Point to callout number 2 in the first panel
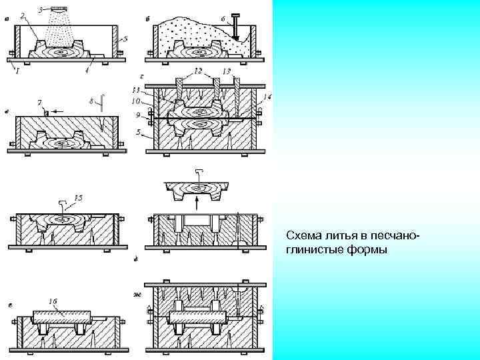[23, 15]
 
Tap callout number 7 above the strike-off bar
[41, 102]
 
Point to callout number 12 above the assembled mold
[198, 71]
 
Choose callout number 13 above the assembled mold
[227, 71]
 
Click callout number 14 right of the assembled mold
[267, 97]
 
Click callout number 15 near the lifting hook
[79, 198]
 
